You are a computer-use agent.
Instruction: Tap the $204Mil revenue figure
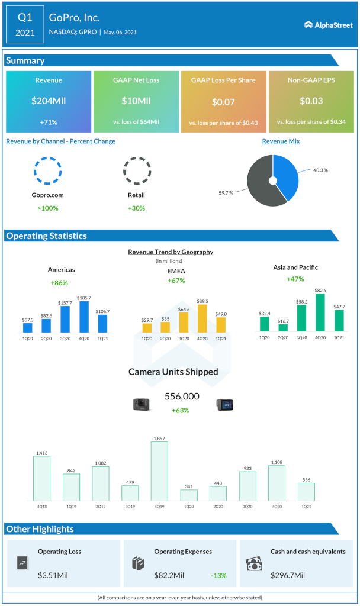(x=49, y=101)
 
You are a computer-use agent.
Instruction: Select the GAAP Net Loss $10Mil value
(x=136, y=101)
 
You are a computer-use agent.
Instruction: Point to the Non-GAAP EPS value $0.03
(x=311, y=101)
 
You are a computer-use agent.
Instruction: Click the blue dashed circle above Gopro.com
(x=47, y=170)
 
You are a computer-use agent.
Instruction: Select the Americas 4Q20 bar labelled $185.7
(x=83, y=317)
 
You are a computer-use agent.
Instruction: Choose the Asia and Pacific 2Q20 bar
(x=283, y=327)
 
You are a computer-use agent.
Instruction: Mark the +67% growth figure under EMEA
(x=176, y=280)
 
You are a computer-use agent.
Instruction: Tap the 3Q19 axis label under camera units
(x=130, y=507)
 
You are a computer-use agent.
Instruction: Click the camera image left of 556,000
(x=142, y=404)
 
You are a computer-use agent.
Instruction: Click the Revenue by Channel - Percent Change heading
(x=60, y=141)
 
